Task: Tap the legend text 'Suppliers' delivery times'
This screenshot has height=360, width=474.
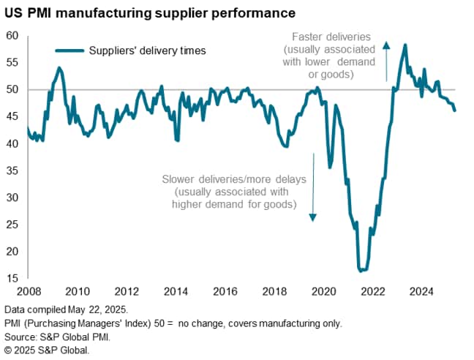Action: tap(147, 50)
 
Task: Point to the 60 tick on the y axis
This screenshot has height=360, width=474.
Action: tap(12, 36)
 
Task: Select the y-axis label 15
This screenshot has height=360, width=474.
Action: tap(12, 279)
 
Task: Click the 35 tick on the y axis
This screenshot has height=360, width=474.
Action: tap(12, 170)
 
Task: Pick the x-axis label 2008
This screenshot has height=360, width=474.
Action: tap(28, 291)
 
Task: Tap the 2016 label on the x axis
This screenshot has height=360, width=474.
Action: tap(226, 291)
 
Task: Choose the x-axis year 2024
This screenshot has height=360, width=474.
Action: tap(424, 291)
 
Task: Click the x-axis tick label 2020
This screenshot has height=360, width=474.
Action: tap(325, 291)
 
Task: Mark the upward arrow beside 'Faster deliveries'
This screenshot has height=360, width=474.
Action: tap(386, 61)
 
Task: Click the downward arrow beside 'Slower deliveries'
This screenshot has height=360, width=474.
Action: tap(312, 187)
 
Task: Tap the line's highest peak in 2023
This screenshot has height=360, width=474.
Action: tap(405, 45)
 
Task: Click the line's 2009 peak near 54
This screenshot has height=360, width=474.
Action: tap(59, 68)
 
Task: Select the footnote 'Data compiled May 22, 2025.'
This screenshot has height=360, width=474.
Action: tap(67, 309)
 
